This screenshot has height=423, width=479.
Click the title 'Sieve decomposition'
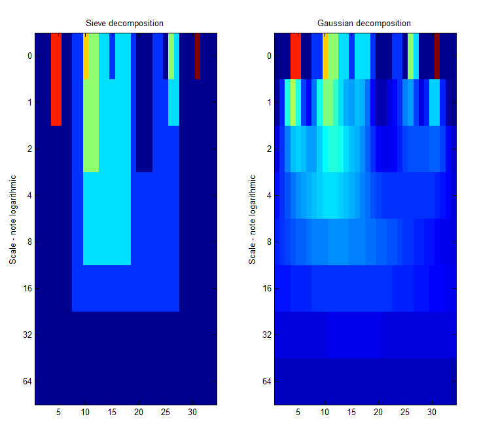(125, 24)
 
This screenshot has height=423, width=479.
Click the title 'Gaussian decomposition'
(364, 24)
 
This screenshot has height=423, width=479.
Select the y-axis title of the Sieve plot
(12, 219)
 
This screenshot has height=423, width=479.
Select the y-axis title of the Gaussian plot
(251, 219)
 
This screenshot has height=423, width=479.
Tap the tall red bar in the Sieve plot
(56, 79)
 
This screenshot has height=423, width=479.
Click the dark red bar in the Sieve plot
(197, 56)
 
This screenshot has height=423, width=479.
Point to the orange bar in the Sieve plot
(86, 56)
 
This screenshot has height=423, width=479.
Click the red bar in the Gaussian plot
(296, 56)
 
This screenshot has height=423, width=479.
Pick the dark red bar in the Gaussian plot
(437, 56)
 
